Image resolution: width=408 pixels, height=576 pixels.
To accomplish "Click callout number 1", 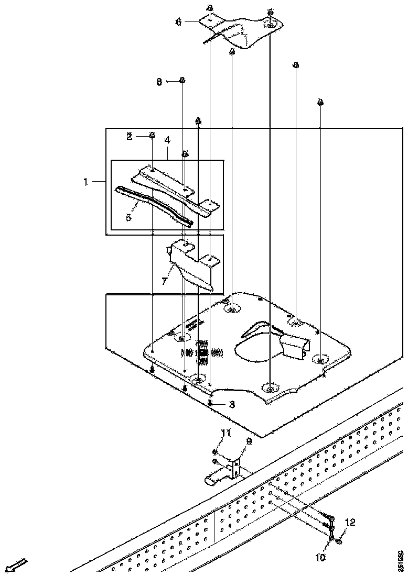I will pos(85,182).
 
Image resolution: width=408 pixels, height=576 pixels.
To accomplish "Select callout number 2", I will pos(130,137).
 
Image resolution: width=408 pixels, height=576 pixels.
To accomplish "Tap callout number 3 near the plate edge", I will pos(232,405).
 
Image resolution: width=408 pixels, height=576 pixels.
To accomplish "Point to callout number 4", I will pos(167,140).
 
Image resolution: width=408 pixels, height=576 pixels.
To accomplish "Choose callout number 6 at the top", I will pos(178,22).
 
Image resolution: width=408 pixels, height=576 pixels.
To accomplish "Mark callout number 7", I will pos(164,282).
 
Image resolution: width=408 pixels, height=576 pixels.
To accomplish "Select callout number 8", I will pos(159,82).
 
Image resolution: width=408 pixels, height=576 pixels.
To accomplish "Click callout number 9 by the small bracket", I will pos(249,441).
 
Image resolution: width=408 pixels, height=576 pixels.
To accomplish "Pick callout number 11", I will pos(226,433).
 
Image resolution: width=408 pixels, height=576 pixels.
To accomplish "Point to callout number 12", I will pos(350,522).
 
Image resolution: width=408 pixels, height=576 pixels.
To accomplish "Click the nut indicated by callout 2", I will pos(152,135).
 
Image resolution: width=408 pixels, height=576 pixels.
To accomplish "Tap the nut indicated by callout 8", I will pos(181,80).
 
